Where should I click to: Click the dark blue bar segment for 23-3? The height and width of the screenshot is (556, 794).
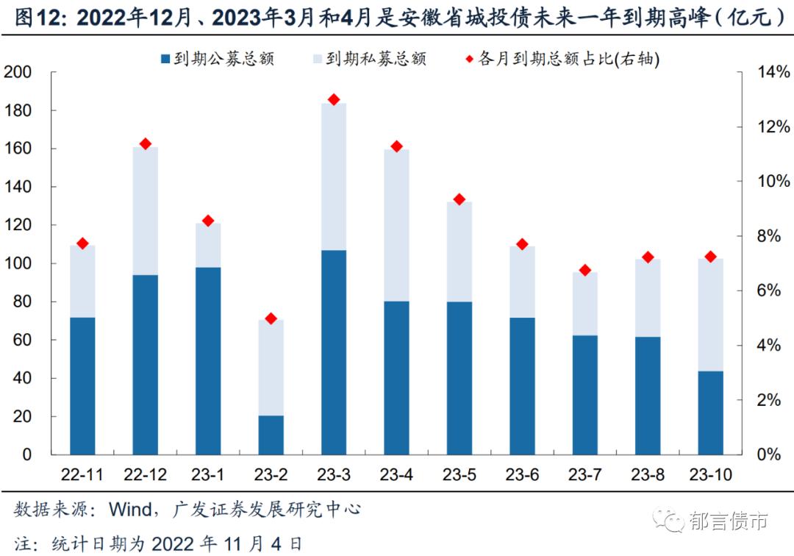pyautogui.click(x=333, y=352)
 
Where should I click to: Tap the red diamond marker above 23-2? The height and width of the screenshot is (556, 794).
pyautogui.click(x=271, y=318)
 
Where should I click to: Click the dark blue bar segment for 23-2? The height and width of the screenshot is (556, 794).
pyautogui.click(x=271, y=435)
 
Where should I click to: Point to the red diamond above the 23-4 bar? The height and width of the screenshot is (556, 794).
pyautogui.click(x=396, y=146)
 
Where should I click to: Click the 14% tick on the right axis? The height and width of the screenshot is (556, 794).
pyautogui.click(x=772, y=72)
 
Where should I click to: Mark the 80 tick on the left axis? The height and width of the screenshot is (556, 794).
pyautogui.click(x=22, y=302)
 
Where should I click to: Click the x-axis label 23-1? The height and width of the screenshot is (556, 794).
pyautogui.click(x=207, y=475)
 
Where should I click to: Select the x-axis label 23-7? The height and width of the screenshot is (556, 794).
pyautogui.click(x=584, y=475)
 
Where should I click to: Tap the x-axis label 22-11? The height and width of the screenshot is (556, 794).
pyautogui.click(x=82, y=475)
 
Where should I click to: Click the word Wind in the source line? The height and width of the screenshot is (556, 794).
pyautogui.click(x=131, y=510)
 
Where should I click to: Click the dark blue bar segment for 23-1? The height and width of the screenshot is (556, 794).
pyautogui.click(x=207, y=360)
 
